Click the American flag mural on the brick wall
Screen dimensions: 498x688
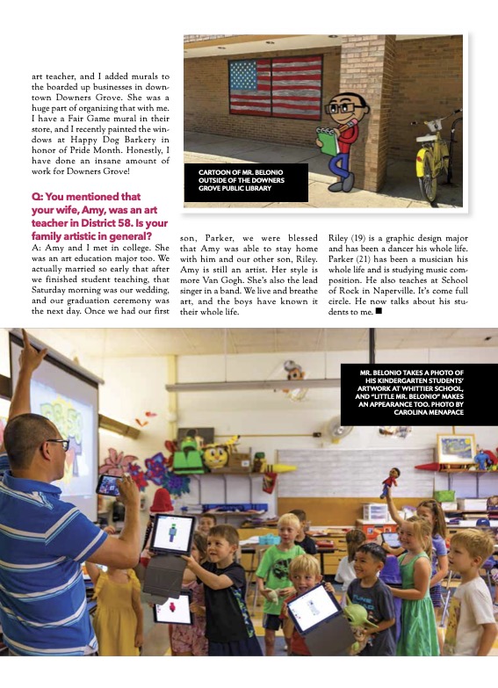pyautogui.click(x=275, y=86)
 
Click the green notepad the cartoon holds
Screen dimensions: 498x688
pyautogui.click(x=328, y=141)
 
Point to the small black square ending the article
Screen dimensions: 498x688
pyautogui.click(x=378, y=310)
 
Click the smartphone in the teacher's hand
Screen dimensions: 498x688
pyautogui.click(x=109, y=484)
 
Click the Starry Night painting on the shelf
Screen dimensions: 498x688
pyautogui.click(x=457, y=448)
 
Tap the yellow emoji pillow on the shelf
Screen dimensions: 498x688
pyautogui.click(x=215, y=454)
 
